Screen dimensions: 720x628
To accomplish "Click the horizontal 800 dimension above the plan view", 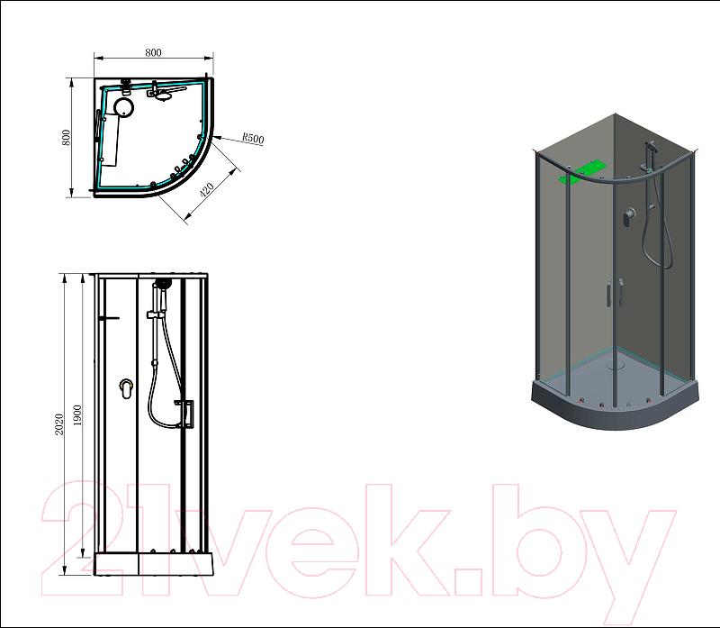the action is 153,52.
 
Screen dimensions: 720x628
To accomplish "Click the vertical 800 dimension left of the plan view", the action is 66,138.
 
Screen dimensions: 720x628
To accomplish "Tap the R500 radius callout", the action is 253,138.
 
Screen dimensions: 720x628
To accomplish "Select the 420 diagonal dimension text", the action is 207,189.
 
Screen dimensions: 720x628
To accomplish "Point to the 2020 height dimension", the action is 58,424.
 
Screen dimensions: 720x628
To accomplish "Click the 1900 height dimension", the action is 77,415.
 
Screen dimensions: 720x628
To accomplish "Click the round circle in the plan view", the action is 124,107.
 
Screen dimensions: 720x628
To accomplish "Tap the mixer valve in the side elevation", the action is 126,389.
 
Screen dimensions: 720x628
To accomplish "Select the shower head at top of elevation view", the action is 163,283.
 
